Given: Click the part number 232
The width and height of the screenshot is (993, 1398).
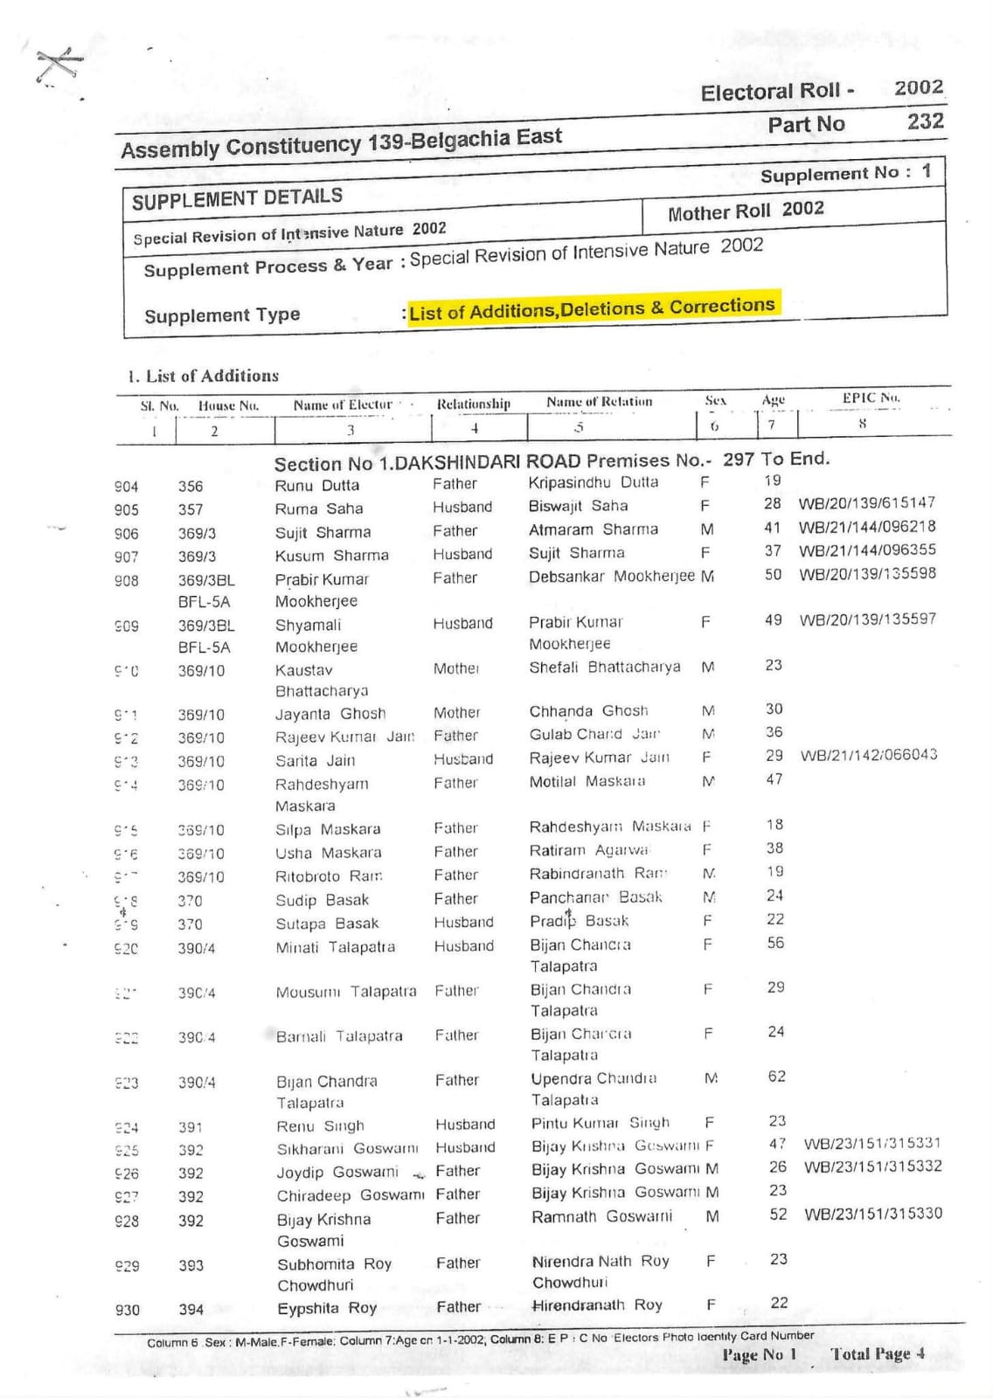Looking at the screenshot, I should pyautogui.click(x=925, y=121).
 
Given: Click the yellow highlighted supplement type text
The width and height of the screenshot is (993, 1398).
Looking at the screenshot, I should pyautogui.click(x=592, y=308).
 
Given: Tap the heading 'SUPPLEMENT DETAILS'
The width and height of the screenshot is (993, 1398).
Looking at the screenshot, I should pyautogui.click(x=237, y=198).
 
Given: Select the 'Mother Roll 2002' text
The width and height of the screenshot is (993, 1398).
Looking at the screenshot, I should pyautogui.click(x=746, y=211).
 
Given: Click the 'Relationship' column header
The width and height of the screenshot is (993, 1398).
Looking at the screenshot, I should pyautogui.click(x=473, y=404).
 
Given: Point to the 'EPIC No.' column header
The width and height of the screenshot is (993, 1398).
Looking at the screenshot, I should pyautogui.click(x=871, y=398).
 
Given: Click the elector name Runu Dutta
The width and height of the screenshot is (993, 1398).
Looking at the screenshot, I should pyautogui.click(x=316, y=486).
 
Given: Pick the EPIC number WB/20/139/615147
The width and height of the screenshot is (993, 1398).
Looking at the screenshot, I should pyautogui.click(x=866, y=503).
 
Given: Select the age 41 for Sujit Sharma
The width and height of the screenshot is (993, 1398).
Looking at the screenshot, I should pyautogui.click(x=772, y=528).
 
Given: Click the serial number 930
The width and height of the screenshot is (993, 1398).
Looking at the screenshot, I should pyautogui.click(x=128, y=1310).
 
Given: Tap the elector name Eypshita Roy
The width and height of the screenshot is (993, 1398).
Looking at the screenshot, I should pyautogui.click(x=326, y=1308).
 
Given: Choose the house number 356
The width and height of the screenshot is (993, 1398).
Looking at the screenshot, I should pyautogui.click(x=191, y=487).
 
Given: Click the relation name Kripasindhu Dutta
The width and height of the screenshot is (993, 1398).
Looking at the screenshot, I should pyautogui.click(x=593, y=482).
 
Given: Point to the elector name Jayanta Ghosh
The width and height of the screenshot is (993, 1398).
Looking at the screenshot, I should pyautogui.click(x=330, y=714).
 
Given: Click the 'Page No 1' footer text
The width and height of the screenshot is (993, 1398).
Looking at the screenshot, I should pyautogui.click(x=759, y=1355).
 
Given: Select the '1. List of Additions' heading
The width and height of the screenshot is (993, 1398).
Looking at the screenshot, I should pyautogui.click(x=204, y=377).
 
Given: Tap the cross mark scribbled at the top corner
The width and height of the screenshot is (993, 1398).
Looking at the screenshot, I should pyautogui.click(x=59, y=66).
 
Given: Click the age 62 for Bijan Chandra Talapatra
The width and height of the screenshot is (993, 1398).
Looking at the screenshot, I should pyautogui.click(x=776, y=1076).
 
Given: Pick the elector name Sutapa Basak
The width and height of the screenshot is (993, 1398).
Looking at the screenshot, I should pyautogui.click(x=327, y=924).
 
